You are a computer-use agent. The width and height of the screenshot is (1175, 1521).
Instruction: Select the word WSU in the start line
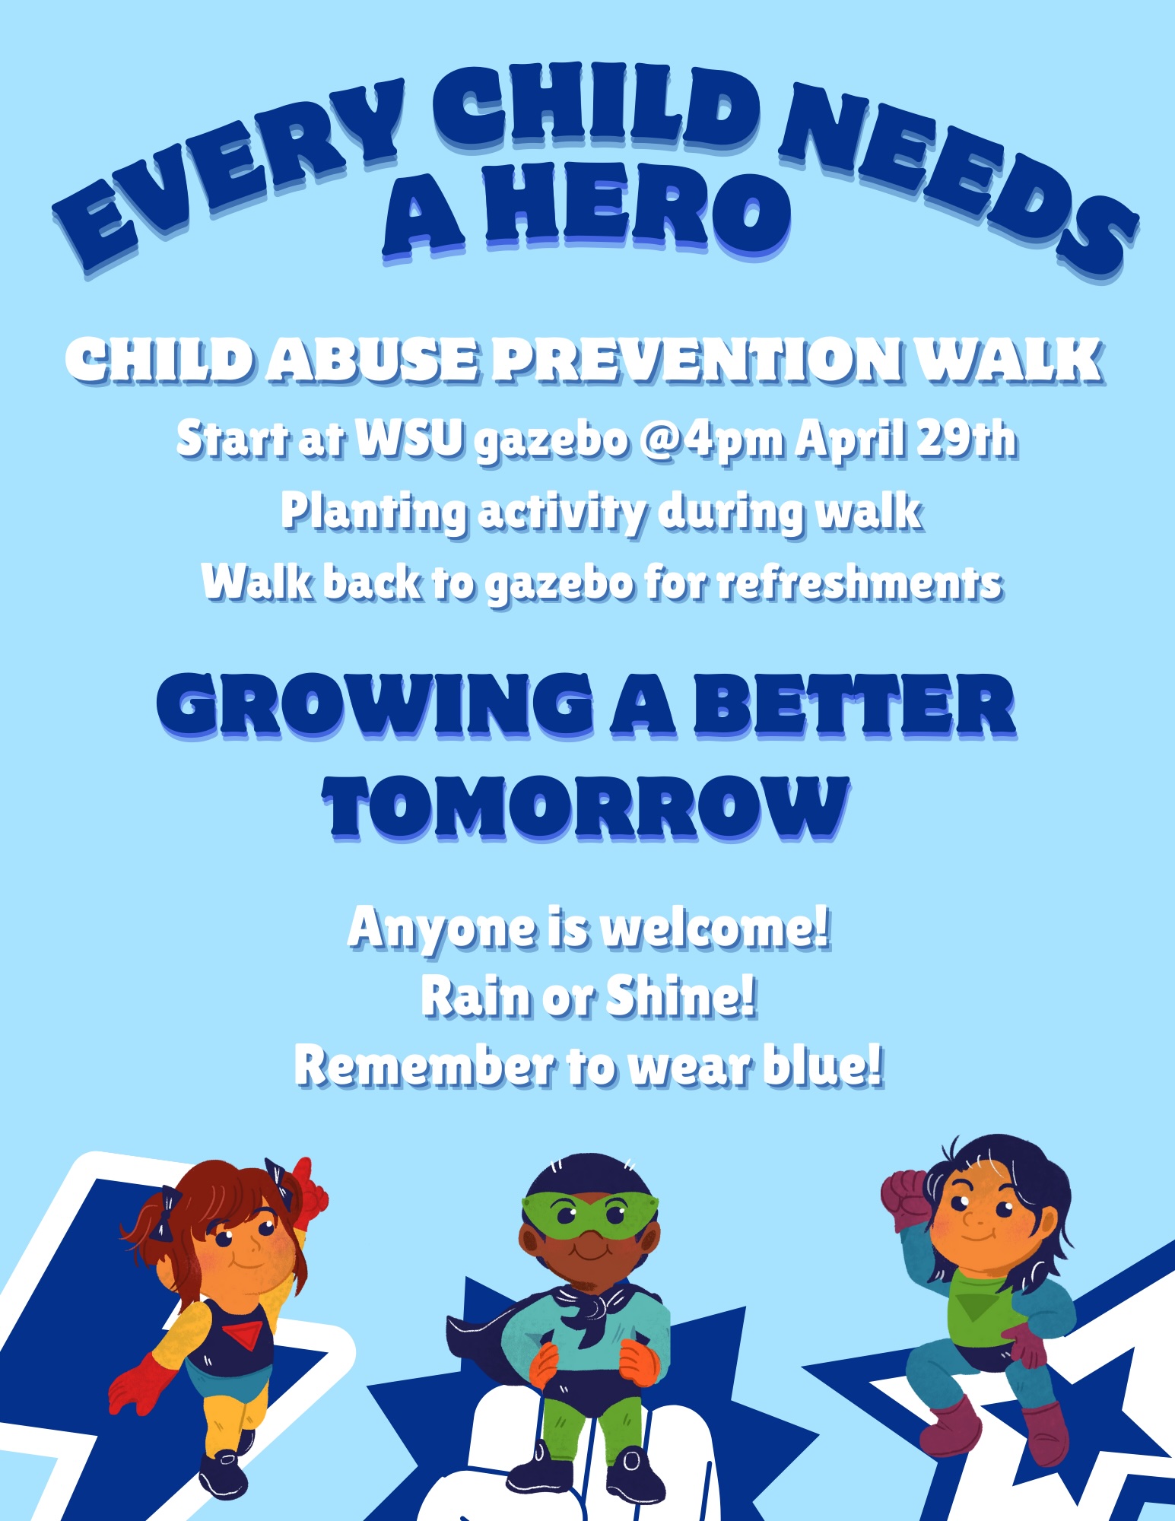(x=411, y=439)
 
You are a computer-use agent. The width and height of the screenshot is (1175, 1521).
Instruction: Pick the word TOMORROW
(x=586, y=808)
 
